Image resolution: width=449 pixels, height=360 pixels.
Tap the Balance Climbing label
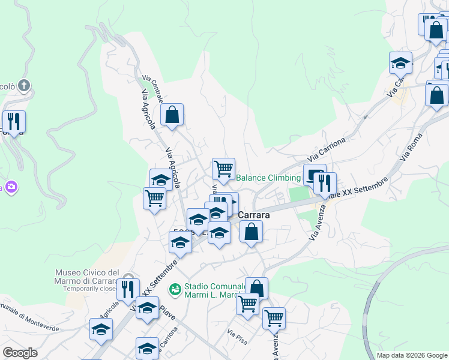(x=268, y=178)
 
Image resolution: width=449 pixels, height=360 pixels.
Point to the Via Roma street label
(x=411, y=146)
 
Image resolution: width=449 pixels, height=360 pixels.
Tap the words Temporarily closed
(x=89, y=289)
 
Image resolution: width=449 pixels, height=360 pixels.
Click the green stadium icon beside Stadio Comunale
(x=175, y=290)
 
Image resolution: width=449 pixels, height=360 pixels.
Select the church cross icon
(x=24, y=86)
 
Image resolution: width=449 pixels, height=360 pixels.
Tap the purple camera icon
(x=10, y=187)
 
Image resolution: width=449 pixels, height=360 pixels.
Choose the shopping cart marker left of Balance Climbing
(x=223, y=169)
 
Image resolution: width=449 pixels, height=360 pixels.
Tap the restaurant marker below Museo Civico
(x=127, y=289)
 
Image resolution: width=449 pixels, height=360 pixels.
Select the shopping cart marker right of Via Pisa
(x=274, y=318)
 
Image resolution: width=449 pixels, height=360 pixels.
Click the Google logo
(x=20, y=353)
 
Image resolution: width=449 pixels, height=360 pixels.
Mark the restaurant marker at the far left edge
(x=14, y=121)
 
